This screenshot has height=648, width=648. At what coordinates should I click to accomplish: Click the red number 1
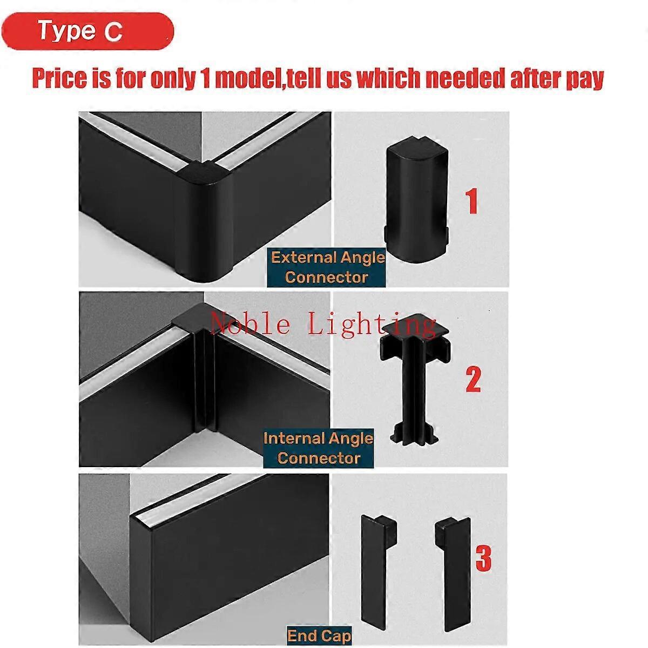click(x=472, y=201)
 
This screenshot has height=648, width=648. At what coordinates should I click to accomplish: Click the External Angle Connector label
click(x=326, y=268)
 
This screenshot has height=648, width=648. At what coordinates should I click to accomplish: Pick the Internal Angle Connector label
click(x=319, y=449)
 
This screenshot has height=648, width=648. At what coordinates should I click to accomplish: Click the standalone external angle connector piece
click(x=416, y=201)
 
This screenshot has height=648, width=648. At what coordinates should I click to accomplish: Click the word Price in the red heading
click(x=59, y=79)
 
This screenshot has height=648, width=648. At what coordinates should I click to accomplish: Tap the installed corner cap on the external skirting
click(x=204, y=174)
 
